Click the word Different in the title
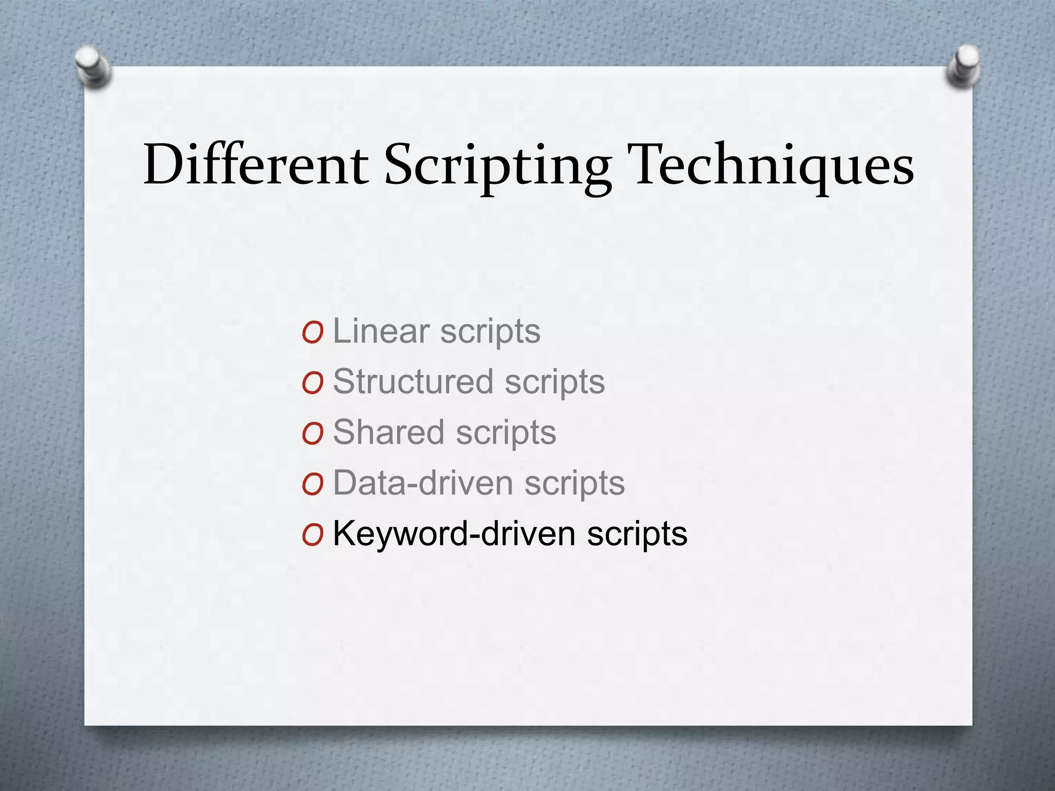[256, 165]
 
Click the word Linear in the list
[381, 331]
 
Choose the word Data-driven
[423, 483]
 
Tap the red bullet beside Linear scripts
[313, 333]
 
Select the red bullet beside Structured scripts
[313, 384]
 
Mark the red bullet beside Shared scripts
[313, 434]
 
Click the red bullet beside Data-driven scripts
[313, 485]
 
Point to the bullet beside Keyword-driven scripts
[313, 535]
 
